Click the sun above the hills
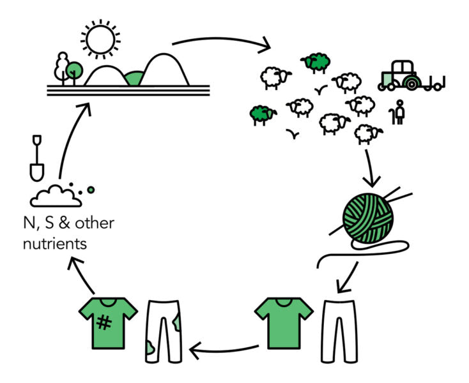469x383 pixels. point(100,40)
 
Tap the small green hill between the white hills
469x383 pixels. point(135,79)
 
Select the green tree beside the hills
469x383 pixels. point(75,69)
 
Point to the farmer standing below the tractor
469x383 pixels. point(400,113)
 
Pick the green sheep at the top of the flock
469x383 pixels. point(316,62)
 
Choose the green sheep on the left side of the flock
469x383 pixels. point(263,114)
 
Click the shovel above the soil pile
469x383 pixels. point(37,156)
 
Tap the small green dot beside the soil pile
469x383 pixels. point(91,190)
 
